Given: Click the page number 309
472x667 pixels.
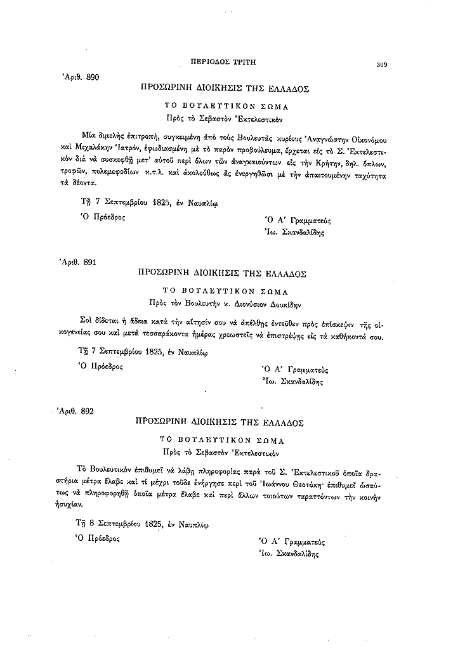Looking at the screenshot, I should click(x=381, y=63).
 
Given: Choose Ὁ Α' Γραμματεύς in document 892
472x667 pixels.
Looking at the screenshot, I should click(x=291, y=542).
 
